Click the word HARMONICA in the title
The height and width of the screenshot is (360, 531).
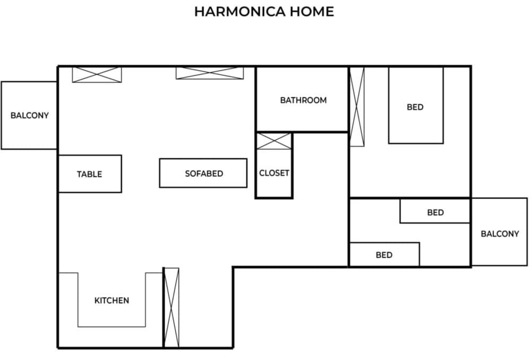(x=238, y=12)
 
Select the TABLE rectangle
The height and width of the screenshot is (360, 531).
(x=90, y=174)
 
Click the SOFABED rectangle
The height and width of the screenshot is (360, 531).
(x=203, y=173)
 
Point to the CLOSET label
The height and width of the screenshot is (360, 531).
(x=274, y=173)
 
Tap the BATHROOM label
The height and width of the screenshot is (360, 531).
(x=303, y=100)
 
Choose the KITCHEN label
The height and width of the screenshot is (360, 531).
(x=112, y=301)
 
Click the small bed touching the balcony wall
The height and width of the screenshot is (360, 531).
(x=435, y=212)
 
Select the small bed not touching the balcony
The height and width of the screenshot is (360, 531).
(x=384, y=254)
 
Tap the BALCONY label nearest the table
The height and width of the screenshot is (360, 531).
(x=29, y=115)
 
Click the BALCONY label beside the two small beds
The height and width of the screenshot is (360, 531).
(x=500, y=234)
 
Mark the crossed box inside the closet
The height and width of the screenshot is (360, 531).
(x=274, y=141)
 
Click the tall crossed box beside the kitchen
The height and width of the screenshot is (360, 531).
(x=171, y=307)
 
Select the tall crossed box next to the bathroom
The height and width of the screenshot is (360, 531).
(x=357, y=106)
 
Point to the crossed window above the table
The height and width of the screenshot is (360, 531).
(x=97, y=74)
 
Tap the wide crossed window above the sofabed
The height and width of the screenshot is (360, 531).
(x=210, y=73)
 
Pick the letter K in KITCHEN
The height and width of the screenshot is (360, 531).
(x=97, y=301)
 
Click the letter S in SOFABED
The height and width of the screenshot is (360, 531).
(x=187, y=174)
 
